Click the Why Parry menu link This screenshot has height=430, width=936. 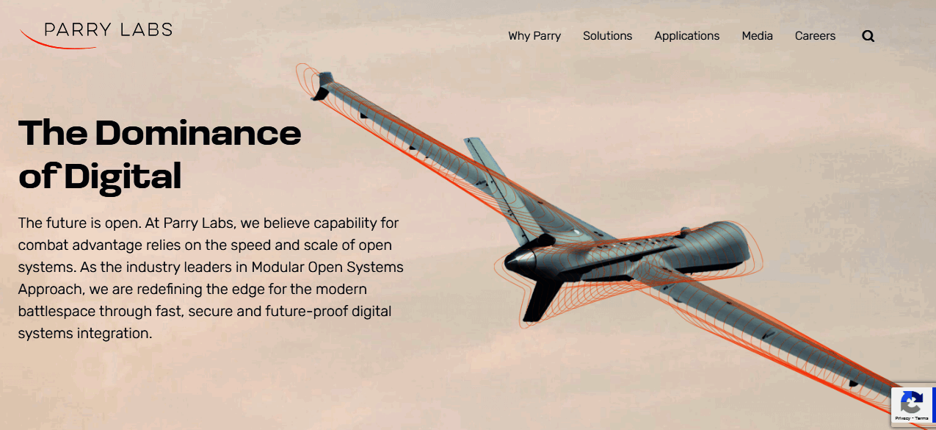pyautogui.click(x=534, y=36)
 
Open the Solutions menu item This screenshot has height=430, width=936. pyautogui.click(x=608, y=36)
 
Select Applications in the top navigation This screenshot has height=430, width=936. pyautogui.click(x=687, y=36)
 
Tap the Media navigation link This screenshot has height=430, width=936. pyautogui.click(x=757, y=36)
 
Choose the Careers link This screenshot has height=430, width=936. pyautogui.click(x=816, y=36)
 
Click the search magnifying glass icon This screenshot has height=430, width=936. pyautogui.click(x=868, y=36)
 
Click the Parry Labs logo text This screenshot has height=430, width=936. pyautogui.click(x=108, y=29)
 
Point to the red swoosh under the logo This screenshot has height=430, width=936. pyautogui.click(x=54, y=44)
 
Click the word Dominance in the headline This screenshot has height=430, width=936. pyautogui.click(x=198, y=133)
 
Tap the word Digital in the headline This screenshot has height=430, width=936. pyautogui.click(x=123, y=177)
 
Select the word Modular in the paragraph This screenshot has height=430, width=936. pyautogui.click(x=277, y=267)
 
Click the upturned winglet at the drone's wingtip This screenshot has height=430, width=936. pyautogui.click(x=322, y=86)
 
